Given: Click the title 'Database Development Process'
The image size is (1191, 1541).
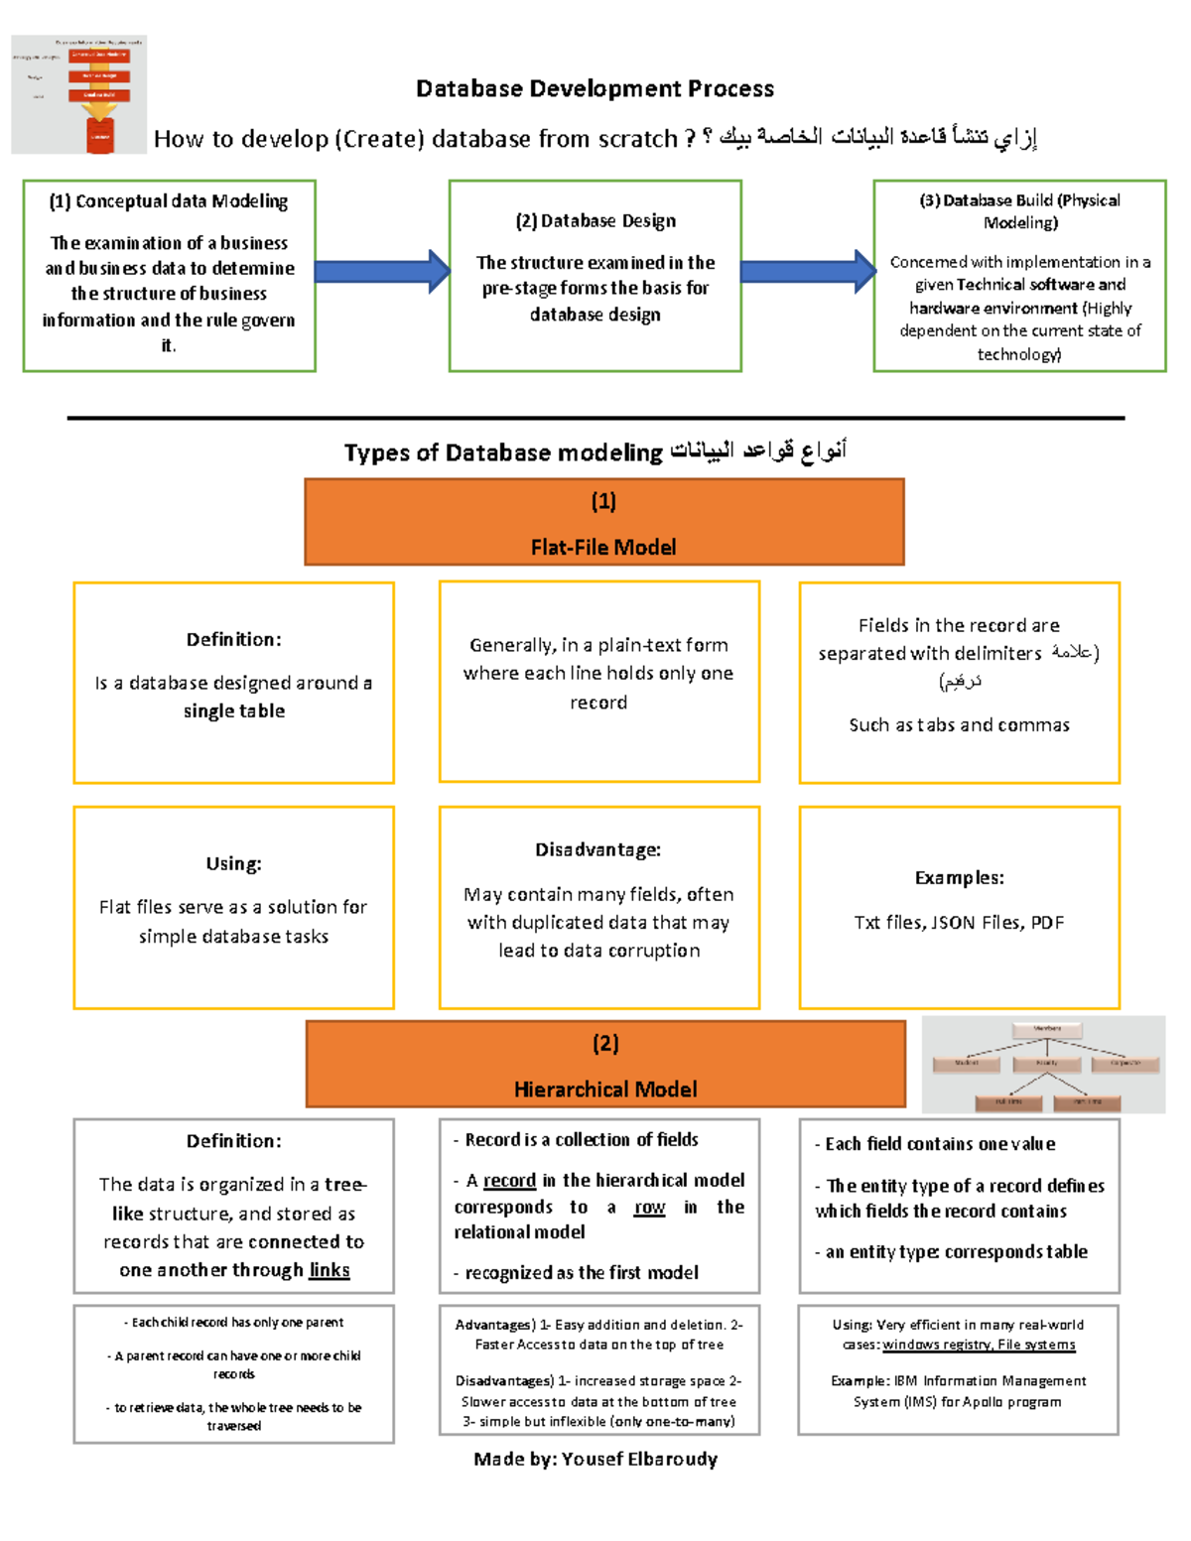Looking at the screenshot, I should click(x=595, y=89).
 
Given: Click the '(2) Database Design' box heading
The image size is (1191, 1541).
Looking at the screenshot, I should click(x=595, y=221).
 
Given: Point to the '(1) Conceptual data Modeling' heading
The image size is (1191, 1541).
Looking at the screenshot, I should click(x=169, y=201).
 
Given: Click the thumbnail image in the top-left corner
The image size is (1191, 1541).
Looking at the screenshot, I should click(x=79, y=95).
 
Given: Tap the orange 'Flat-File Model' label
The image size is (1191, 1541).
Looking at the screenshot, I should click(x=603, y=547).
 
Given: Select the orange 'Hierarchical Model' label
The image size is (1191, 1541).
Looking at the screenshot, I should click(x=605, y=1089).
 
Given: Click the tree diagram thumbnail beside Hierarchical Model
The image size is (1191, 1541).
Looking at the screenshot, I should click(x=1044, y=1065).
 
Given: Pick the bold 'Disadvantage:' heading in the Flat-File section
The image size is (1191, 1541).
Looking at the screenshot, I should click(x=598, y=850).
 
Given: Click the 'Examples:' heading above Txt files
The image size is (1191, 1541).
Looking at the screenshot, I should click(x=959, y=878).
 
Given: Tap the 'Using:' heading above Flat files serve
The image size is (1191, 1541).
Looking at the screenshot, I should click(x=234, y=864).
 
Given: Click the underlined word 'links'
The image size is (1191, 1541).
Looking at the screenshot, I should click(x=330, y=1270).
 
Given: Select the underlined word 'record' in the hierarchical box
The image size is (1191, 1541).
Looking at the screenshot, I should click(x=509, y=1181).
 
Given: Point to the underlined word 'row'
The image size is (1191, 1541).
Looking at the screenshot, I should click(x=649, y=1208).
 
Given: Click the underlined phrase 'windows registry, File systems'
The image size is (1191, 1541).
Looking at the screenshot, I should click(x=979, y=1346).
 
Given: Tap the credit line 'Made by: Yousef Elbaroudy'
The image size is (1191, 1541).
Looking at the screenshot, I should click(x=595, y=1459).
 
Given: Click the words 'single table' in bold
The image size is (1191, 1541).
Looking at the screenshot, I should click(x=234, y=711).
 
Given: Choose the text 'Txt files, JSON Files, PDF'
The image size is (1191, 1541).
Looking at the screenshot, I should click(x=959, y=923).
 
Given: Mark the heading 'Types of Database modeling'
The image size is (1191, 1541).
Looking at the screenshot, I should click(x=503, y=453).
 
